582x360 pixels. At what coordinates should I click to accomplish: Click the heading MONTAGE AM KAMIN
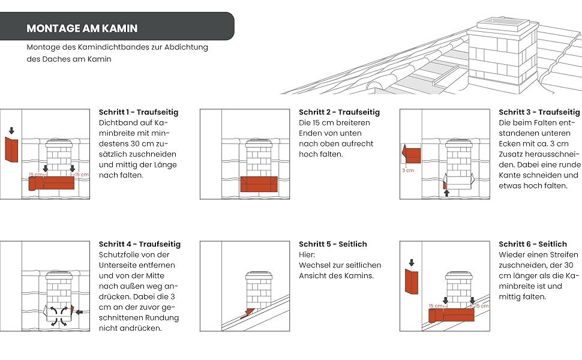point(82,28)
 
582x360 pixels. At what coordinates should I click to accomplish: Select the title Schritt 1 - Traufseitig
point(138,112)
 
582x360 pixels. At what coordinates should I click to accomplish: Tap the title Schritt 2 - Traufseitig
point(339,112)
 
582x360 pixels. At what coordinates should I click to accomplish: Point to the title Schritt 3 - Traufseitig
point(539,112)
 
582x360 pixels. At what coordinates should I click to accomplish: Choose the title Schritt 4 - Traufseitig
point(139,244)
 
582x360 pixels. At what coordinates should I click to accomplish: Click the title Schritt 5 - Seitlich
point(332,244)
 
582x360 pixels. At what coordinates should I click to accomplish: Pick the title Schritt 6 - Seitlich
point(532,244)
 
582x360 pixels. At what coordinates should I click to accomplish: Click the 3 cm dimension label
point(408,170)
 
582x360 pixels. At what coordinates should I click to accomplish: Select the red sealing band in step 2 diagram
point(257,184)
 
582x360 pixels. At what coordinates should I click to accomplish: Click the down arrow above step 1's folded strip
point(11,130)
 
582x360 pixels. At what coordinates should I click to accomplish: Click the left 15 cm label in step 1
point(35,175)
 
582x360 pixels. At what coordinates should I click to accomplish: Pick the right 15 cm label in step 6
point(481,306)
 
